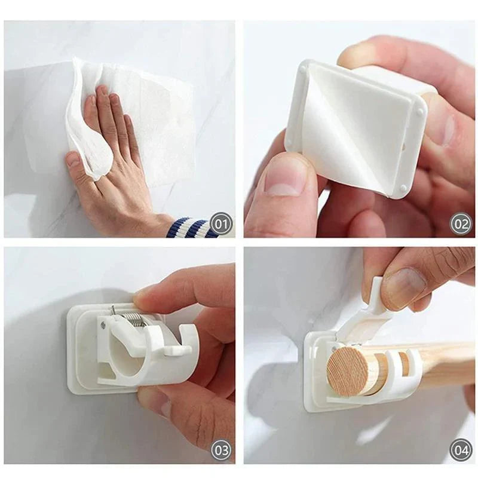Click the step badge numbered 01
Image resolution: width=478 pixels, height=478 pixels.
[x=222, y=225]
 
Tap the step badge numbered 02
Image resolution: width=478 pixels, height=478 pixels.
[x=461, y=225]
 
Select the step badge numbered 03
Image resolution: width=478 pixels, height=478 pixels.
[x=222, y=450]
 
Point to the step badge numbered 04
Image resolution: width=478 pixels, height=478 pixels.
[x=461, y=450]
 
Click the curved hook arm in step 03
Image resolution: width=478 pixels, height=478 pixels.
[x=179, y=353]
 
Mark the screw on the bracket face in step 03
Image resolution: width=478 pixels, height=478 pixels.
[x=103, y=326]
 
